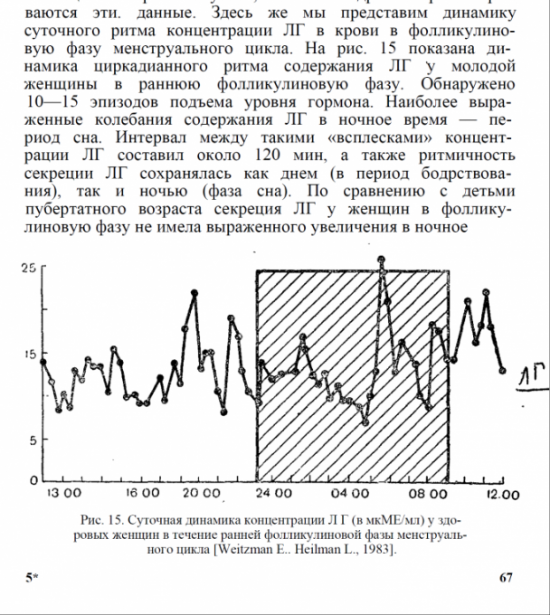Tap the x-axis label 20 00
201,494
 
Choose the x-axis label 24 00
273,494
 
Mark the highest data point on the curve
382,260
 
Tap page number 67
507,577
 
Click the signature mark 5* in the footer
32,577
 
